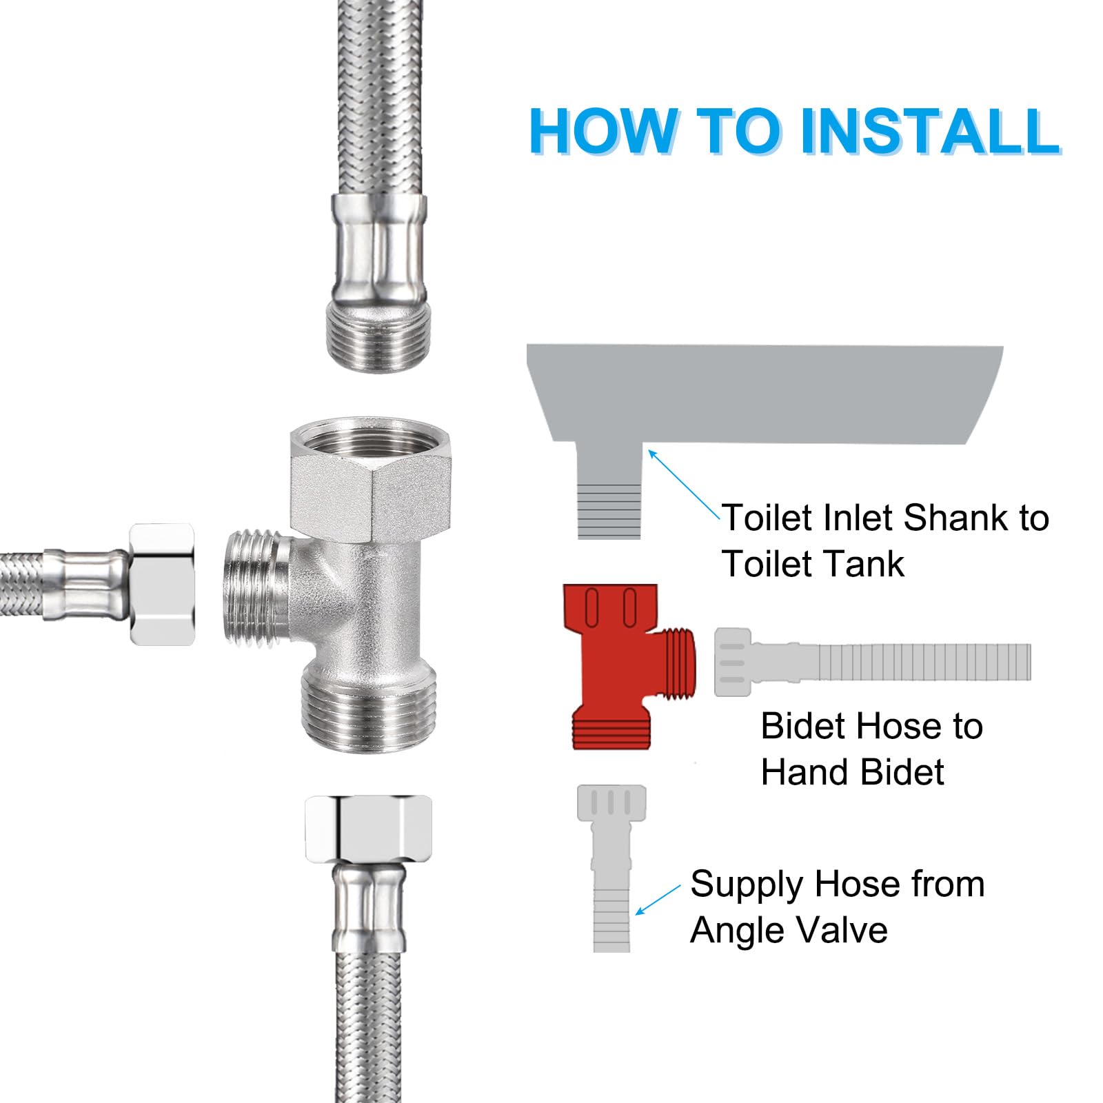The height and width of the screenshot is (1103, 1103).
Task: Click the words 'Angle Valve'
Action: click(789, 931)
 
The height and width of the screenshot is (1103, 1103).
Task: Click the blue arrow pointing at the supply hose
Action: click(658, 900)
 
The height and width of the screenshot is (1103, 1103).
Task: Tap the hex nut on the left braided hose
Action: click(161, 585)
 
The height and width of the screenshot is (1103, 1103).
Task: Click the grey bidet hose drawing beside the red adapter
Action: click(872, 662)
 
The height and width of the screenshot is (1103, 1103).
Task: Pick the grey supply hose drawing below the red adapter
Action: click(611, 869)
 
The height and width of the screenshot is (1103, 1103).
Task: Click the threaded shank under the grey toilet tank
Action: click(609, 510)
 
